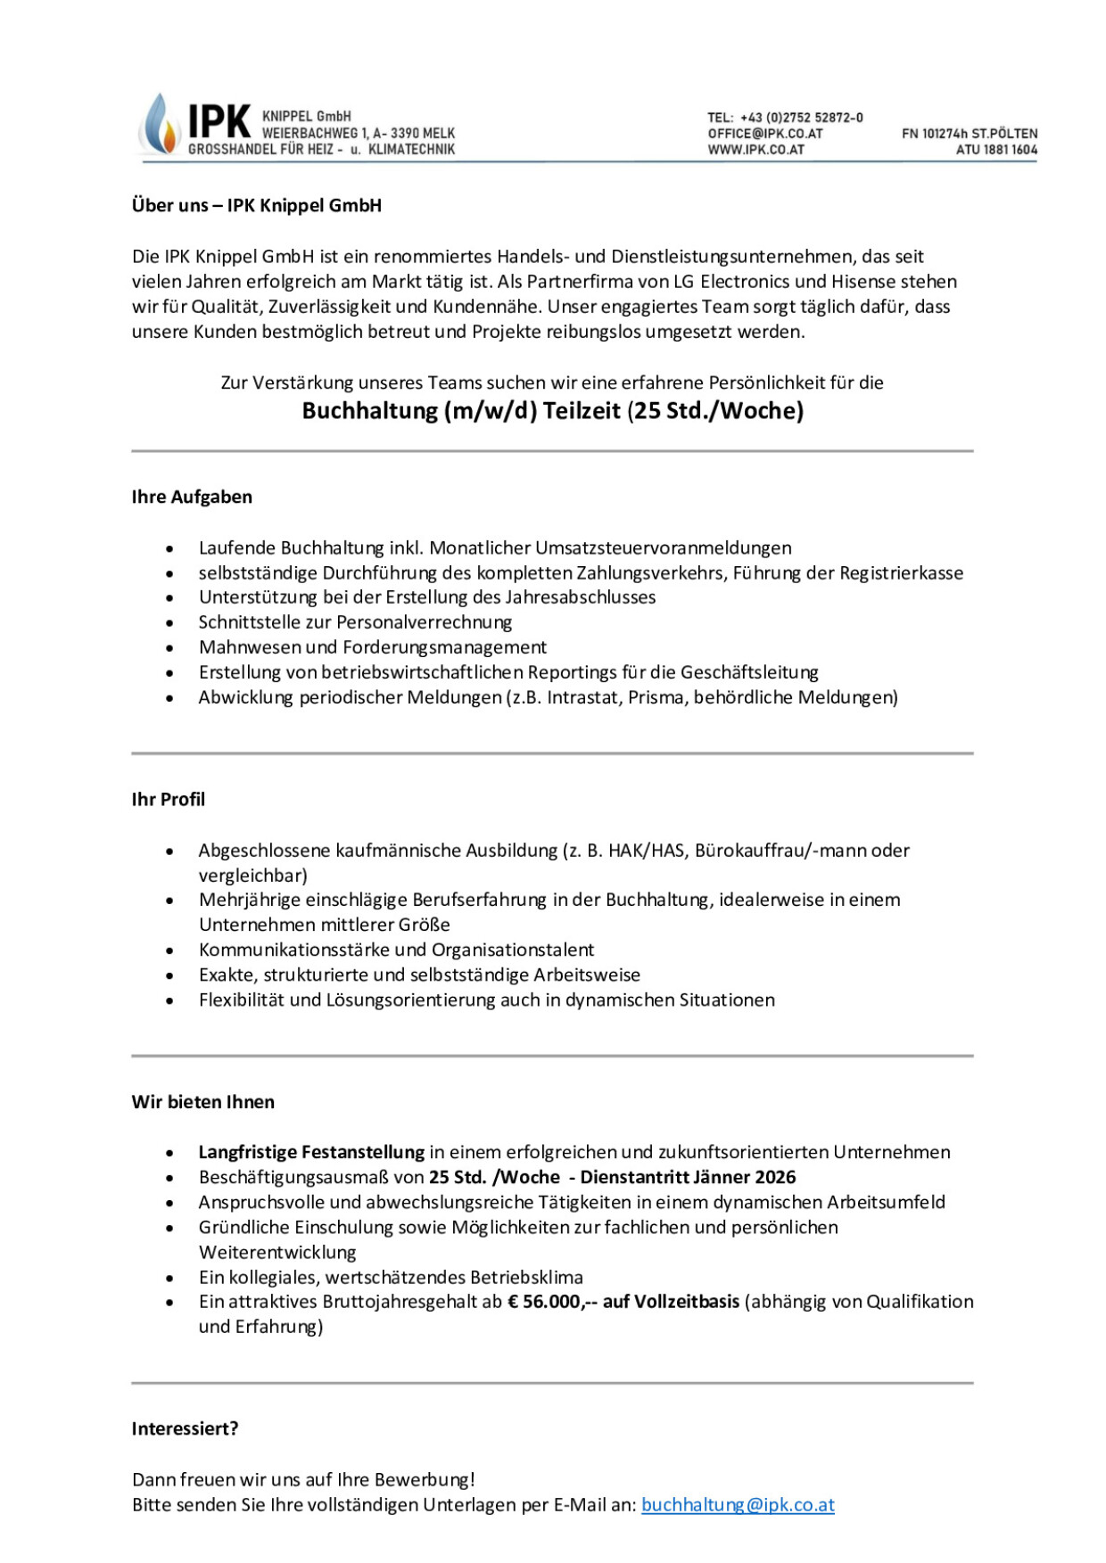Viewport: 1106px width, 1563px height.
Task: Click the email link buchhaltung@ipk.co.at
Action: tap(738, 1504)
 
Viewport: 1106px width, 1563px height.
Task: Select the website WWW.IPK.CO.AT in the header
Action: tap(755, 150)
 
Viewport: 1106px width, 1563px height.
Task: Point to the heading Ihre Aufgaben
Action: tap(192, 497)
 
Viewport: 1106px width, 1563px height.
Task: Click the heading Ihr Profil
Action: tap(169, 799)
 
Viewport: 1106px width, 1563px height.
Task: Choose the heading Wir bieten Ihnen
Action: tap(203, 1101)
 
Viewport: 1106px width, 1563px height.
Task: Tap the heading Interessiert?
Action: tap(185, 1428)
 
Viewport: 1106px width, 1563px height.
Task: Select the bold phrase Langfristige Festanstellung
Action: tap(311, 1152)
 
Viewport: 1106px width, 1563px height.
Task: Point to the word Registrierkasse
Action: tap(902, 572)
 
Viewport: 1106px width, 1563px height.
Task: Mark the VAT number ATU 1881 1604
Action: tap(996, 150)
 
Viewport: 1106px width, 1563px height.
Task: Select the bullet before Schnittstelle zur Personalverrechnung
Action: tap(169, 623)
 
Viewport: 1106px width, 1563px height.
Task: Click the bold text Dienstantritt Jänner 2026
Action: tap(688, 1177)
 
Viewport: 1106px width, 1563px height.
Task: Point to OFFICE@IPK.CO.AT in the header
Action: tap(764, 134)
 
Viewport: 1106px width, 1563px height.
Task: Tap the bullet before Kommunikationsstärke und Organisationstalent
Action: tap(169, 950)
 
